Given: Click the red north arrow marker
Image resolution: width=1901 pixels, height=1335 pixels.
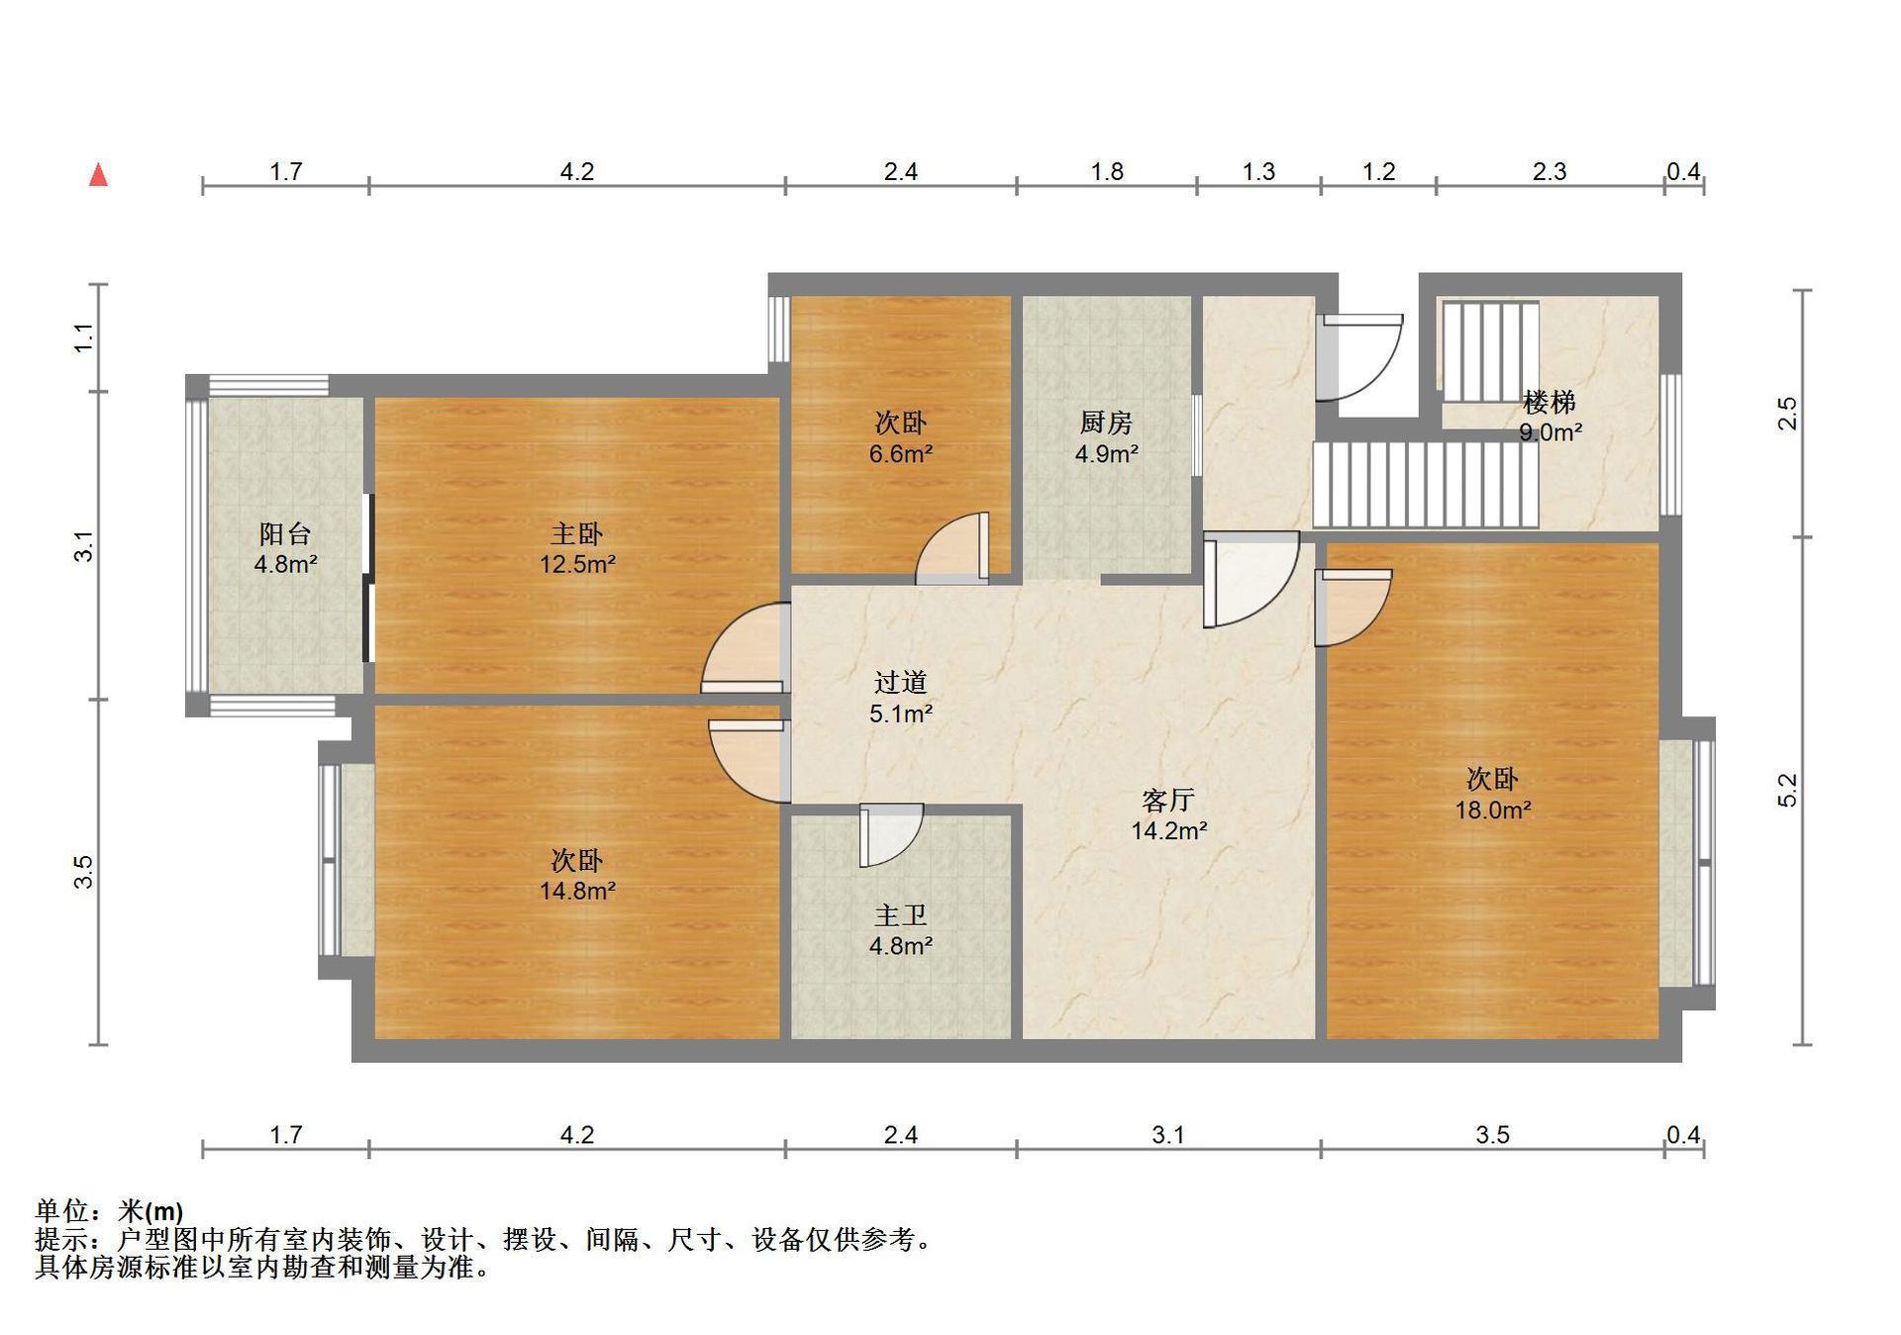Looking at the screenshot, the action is (98, 175).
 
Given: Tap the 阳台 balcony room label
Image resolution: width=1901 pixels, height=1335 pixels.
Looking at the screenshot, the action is (285, 534).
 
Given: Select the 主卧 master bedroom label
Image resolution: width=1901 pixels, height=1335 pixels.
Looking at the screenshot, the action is (576, 534).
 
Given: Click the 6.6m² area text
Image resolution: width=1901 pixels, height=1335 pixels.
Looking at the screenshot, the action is (901, 454).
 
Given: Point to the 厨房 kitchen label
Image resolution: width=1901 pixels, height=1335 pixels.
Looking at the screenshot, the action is (1106, 424).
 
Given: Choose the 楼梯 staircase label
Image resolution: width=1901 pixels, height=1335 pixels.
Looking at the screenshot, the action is (1550, 403).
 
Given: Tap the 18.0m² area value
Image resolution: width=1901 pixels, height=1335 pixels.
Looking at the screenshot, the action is (1493, 811).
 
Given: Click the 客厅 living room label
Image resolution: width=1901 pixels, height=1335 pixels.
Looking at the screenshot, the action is (1168, 800).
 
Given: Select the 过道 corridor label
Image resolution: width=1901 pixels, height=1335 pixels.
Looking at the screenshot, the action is (901, 683).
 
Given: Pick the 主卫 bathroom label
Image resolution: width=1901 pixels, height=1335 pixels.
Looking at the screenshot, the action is (901, 915).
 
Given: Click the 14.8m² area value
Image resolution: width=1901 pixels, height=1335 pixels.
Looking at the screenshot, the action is (577, 891).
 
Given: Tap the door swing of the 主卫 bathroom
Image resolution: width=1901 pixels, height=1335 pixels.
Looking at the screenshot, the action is (891, 835).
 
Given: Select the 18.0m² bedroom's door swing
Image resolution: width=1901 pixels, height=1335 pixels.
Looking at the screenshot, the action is (1353, 608).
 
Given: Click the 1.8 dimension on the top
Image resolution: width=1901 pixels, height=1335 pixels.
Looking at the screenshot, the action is (1107, 171).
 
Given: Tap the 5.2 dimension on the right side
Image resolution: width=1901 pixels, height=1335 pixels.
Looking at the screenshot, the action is (1787, 790).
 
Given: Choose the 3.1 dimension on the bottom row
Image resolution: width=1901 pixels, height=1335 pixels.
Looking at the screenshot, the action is (1168, 1134).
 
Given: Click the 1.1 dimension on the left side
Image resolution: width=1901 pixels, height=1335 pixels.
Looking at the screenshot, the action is (84, 337).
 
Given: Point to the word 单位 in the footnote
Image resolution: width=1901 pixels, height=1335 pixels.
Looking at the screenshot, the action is (61, 1210).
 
